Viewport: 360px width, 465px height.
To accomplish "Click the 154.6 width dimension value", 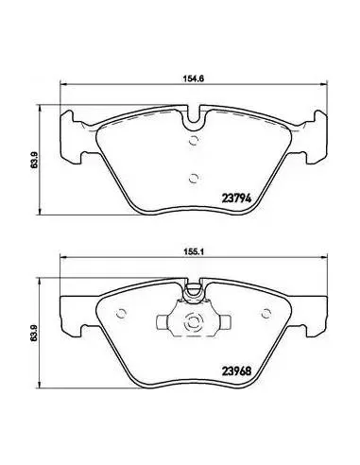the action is pyautogui.click(x=194, y=78).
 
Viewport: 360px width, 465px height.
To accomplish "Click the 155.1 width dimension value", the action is pyautogui.click(x=194, y=252).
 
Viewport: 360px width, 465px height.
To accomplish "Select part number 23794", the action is pyautogui.click(x=236, y=198).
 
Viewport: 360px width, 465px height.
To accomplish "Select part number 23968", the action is pyautogui.click(x=236, y=371).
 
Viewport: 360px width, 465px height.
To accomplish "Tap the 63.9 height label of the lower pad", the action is pyautogui.click(x=34, y=333).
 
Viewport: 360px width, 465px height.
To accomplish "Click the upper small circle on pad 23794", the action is pyautogui.click(x=194, y=140).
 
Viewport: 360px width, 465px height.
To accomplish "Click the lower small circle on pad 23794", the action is pyautogui.click(x=194, y=179).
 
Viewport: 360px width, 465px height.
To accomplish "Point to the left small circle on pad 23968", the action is pyautogui.click(x=121, y=313).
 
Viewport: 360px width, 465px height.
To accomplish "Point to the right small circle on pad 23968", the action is pyautogui.click(x=266, y=313).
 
